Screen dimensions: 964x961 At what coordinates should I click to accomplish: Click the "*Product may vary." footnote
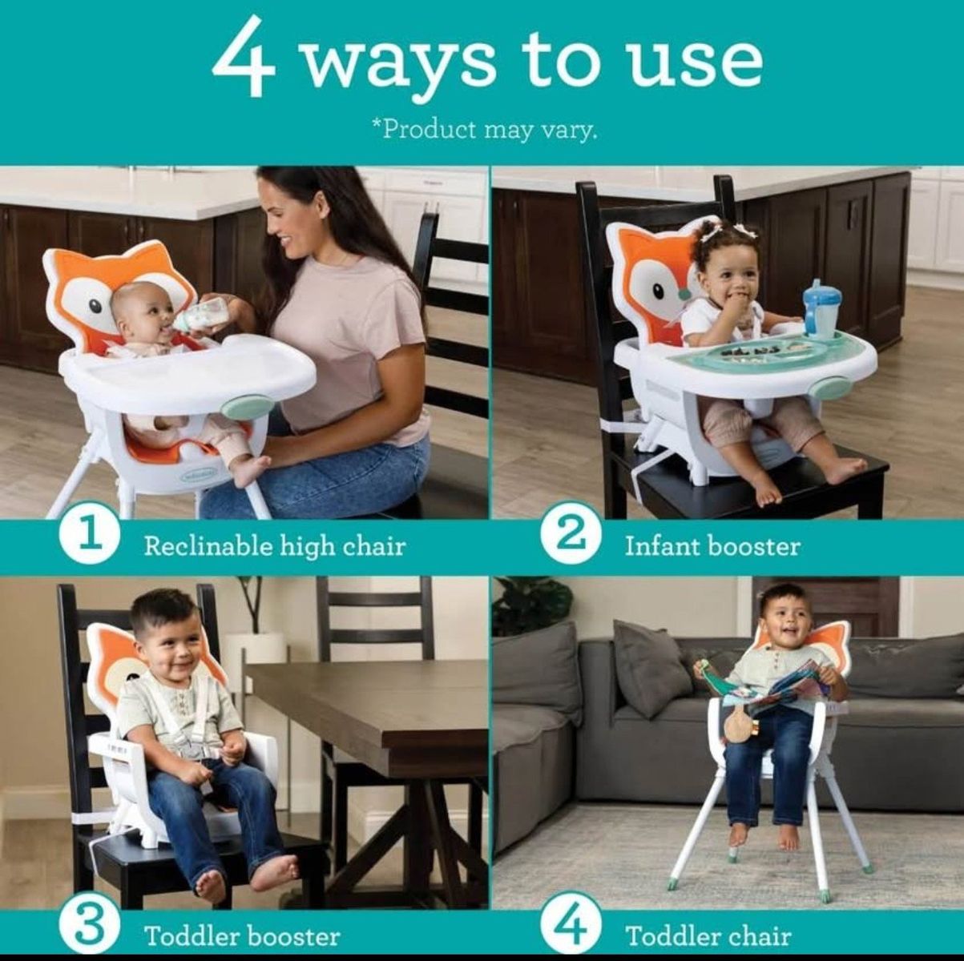coord(484,130)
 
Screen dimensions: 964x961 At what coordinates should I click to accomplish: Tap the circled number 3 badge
coord(90,923)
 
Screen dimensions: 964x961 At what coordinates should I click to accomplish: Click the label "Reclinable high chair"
coord(275,546)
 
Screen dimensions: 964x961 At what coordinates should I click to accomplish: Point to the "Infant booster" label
coord(712,546)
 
